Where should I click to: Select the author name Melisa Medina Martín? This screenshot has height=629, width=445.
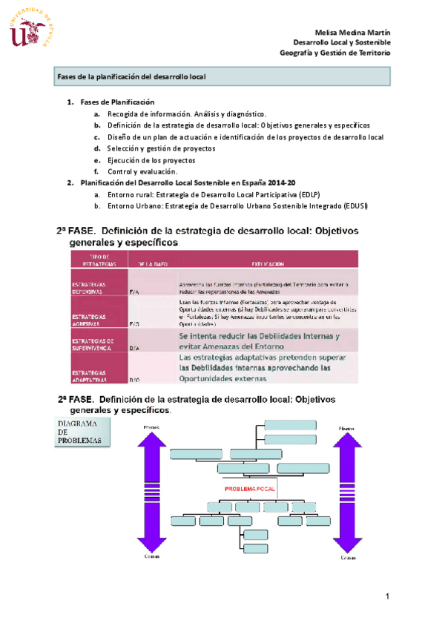(x=352, y=33)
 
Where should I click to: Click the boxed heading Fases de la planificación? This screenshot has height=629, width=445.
(x=131, y=76)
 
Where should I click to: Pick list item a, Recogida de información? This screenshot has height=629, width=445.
(x=185, y=114)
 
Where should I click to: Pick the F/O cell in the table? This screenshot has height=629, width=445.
(x=134, y=324)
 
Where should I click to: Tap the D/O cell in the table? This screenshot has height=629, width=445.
(x=134, y=379)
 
